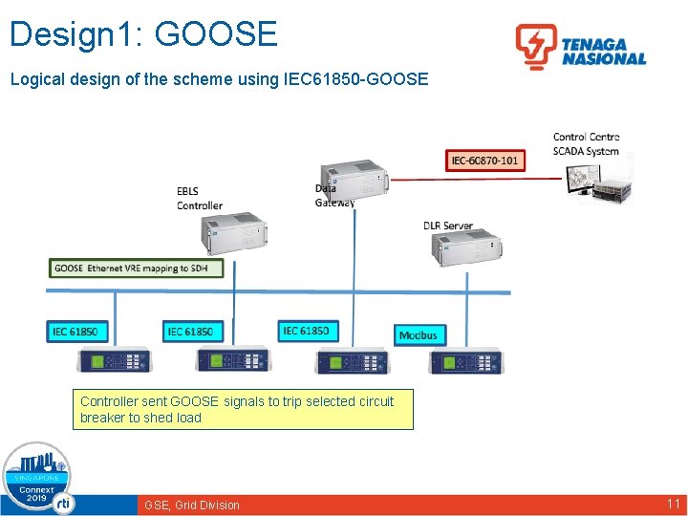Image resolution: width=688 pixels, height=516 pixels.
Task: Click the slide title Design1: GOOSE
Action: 143,33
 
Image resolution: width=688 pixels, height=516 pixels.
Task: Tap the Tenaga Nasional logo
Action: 581,47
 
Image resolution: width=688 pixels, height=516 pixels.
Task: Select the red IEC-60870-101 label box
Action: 484,160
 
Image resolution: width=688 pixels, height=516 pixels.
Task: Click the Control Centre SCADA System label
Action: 586,144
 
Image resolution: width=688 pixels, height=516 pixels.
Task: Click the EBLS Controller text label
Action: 199,199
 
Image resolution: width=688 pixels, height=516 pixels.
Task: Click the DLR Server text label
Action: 448,226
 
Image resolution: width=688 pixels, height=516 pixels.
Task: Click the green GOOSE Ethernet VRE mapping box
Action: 137,269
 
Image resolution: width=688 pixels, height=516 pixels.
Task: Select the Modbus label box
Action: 419,334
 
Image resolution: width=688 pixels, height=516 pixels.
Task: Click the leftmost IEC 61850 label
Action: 75,332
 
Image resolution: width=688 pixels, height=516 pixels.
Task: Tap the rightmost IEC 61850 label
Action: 306,331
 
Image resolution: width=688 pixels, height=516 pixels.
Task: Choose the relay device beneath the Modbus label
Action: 466,362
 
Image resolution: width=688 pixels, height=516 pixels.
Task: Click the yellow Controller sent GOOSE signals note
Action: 243,410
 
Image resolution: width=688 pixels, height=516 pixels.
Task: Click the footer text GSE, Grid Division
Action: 191,505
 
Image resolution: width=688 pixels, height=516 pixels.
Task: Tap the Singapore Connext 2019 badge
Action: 36,479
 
